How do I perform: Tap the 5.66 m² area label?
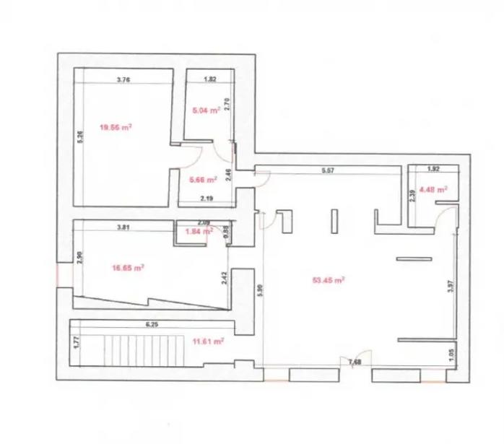(x=202, y=180)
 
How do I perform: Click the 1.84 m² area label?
(x=199, y=232)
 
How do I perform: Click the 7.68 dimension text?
(x=355, y=361)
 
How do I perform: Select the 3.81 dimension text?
(x=123, y=227)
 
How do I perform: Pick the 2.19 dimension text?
(x=206, y=198)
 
